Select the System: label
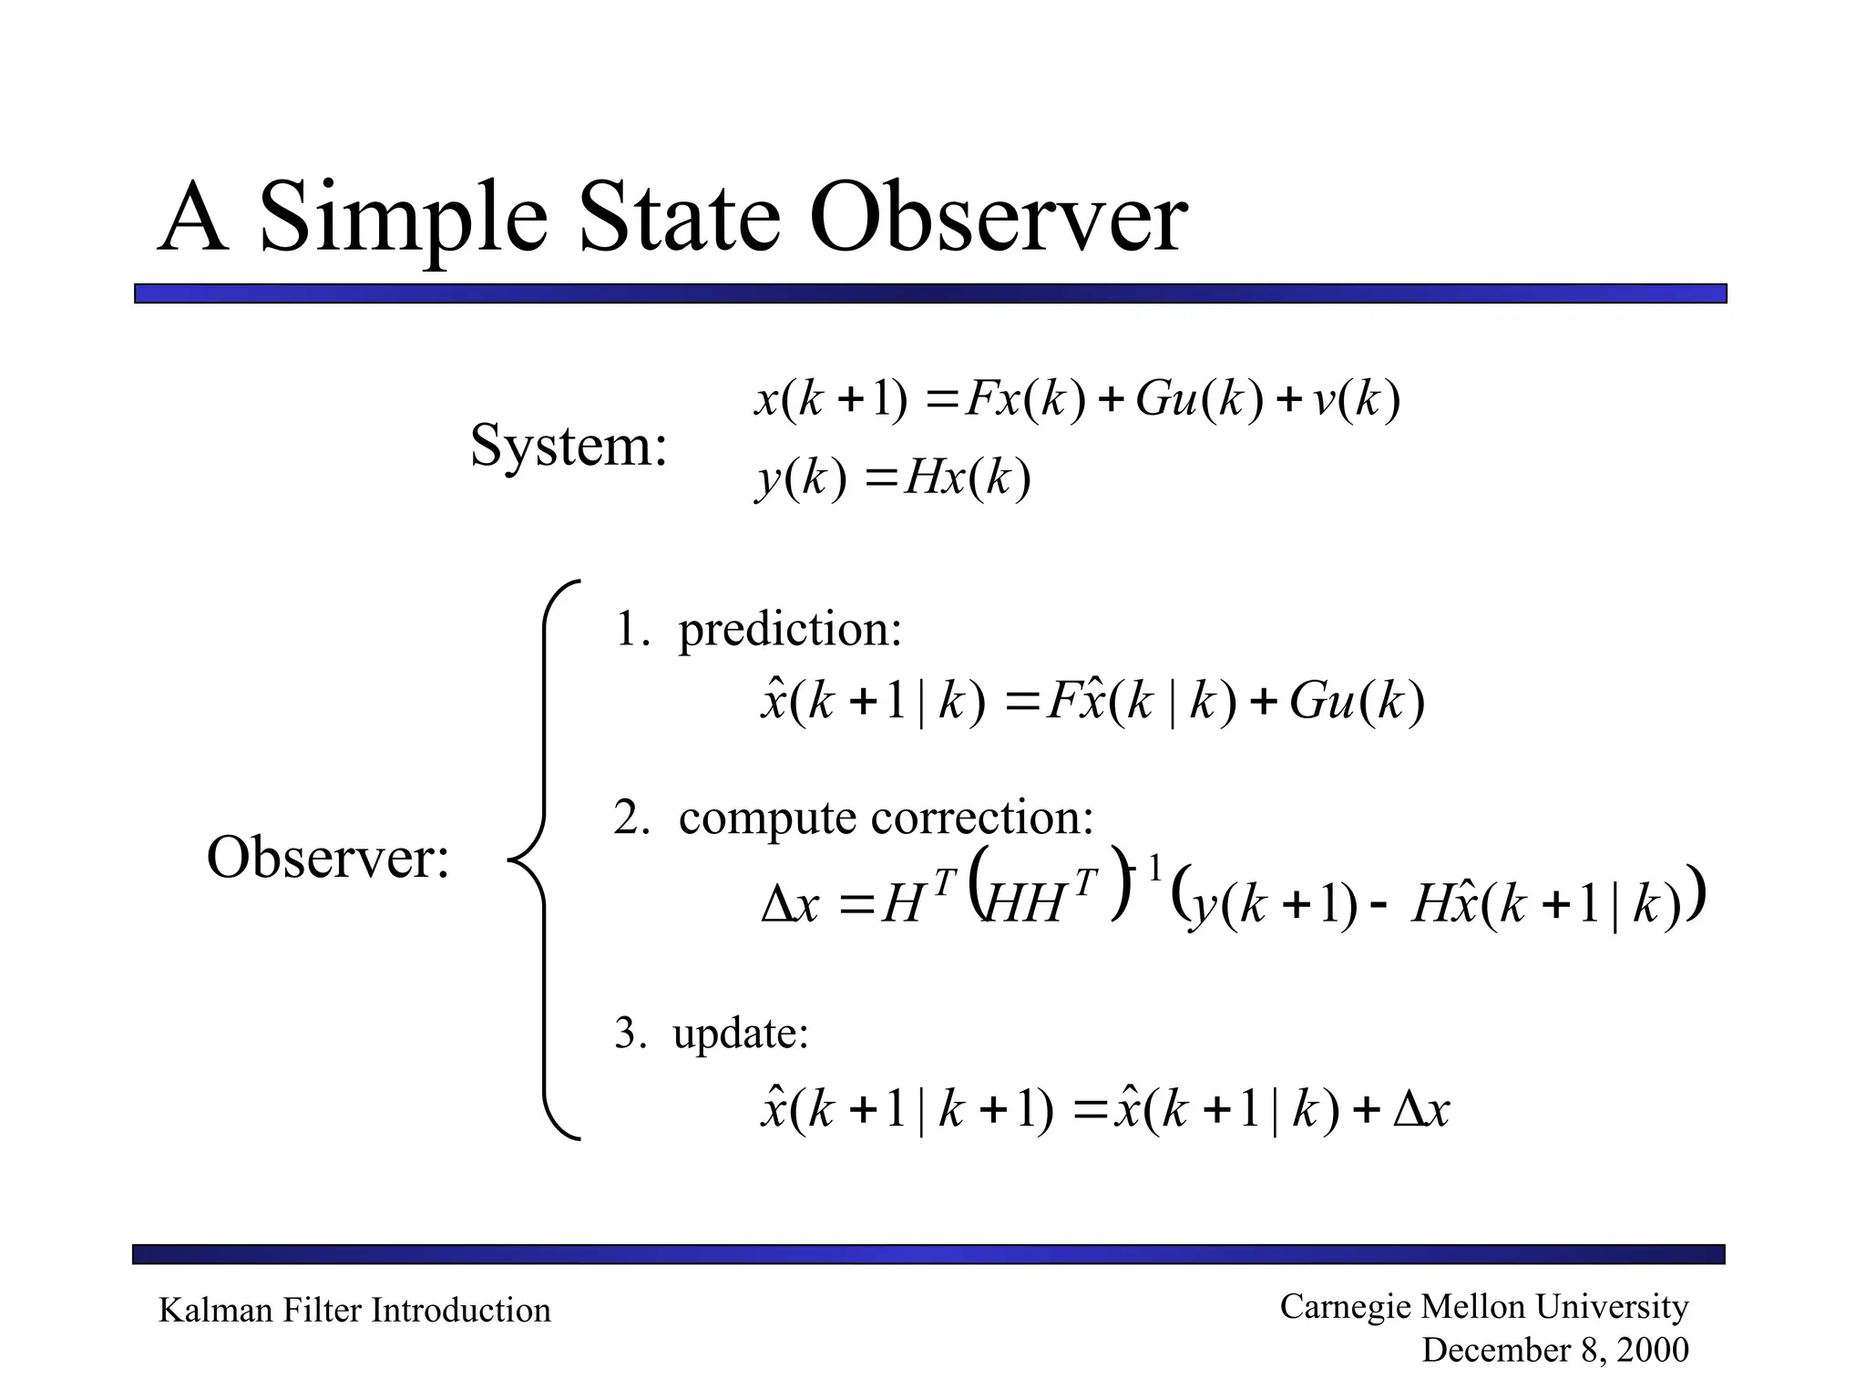coord(569,447)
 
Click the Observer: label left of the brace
coord(328,859)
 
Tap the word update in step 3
coord(740,1034)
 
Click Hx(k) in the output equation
coord(967,478)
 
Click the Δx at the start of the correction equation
coord(790,906)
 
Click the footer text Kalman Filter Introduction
coord(354,1311)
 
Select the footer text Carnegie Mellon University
coord(1483,1306)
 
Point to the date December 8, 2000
coord(1554,1350)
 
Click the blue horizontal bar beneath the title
coord(929,293)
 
